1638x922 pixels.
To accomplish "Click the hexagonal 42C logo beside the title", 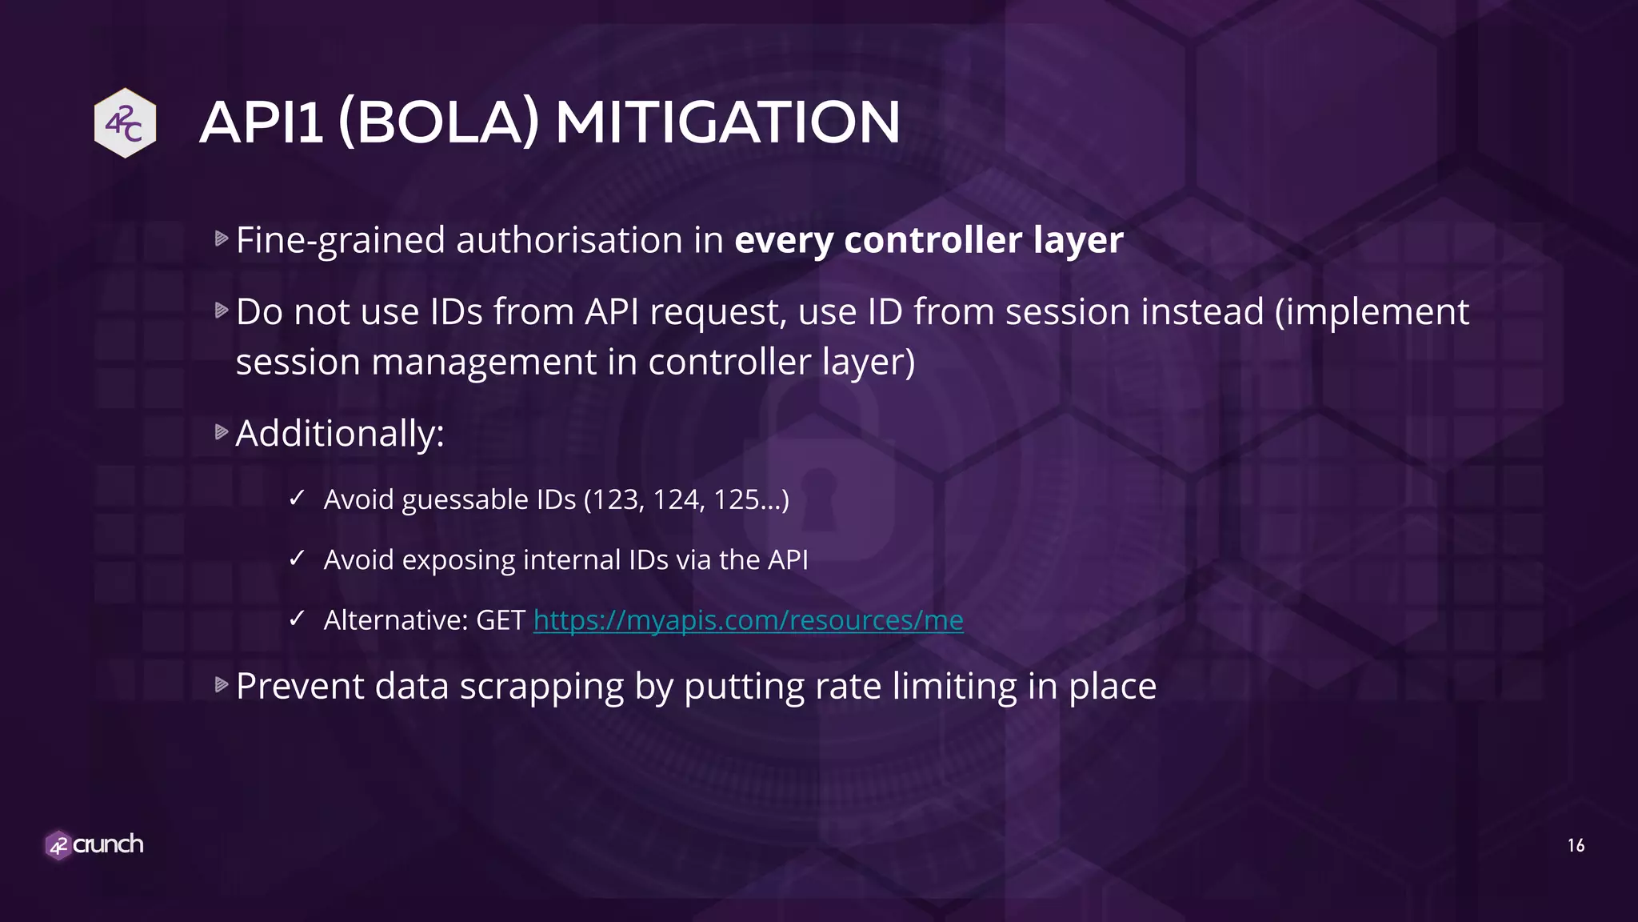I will pos(125,123).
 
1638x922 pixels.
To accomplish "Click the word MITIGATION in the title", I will pos(727,122).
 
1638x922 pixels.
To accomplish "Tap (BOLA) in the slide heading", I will pos(438,122).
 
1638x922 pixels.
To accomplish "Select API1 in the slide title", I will pos(262,122).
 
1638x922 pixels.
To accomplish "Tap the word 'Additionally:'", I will pos(340,434).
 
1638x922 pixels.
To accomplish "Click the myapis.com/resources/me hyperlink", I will pos(748,620).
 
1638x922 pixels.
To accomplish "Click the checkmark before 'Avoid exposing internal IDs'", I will pos(297,559).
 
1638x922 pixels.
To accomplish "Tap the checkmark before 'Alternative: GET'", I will pos(297,619).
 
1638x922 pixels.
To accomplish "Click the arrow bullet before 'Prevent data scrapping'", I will pos(222,685).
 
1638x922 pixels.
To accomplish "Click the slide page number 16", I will pos(1576,845).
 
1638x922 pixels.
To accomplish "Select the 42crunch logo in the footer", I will pos(94,844).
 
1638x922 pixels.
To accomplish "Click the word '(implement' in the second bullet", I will pos(1372,311).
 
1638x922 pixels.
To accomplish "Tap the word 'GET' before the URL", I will pos(501,620).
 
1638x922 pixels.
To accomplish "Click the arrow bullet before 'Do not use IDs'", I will pos(222,311).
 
